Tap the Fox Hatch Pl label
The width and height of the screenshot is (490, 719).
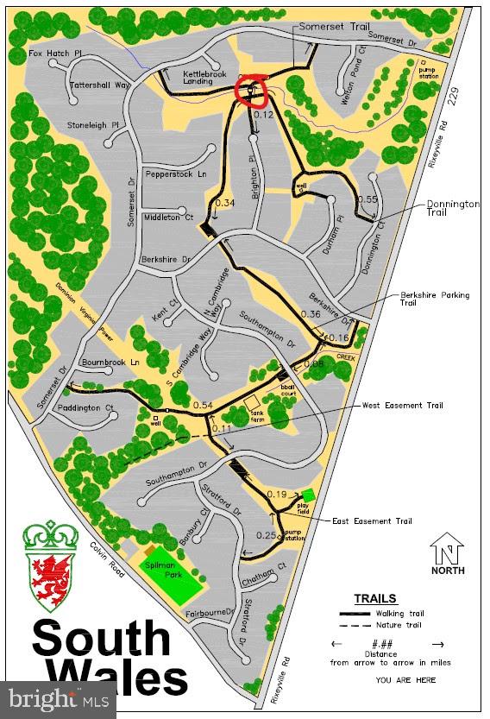pos(55,53)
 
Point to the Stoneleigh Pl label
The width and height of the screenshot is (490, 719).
pos(94,125)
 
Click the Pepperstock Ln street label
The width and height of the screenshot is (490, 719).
pos(178,173)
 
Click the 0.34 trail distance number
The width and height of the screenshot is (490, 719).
pos(224,203)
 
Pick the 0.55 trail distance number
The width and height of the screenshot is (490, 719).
pos(367,199)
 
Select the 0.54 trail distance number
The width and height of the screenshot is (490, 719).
pos(203,405)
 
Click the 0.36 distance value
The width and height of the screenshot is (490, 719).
pos(310,314)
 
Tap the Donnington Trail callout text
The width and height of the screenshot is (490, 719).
pos(453,208)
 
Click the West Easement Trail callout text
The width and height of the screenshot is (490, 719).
pos(402,405)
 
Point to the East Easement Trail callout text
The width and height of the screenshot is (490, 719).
pos(373,521)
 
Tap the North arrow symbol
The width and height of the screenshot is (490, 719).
pos(448,552)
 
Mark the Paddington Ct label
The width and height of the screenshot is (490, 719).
pos(86,407)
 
